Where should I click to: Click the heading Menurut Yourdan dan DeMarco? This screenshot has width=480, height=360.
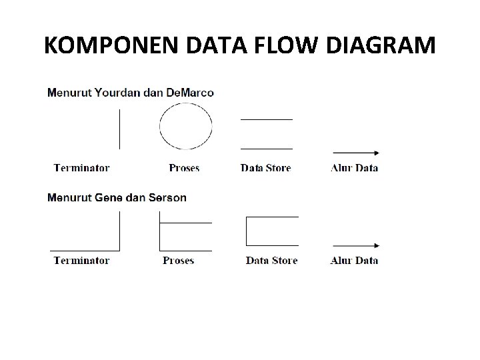coord(131,93)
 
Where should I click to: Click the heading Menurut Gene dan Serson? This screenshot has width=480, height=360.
coord(117,197)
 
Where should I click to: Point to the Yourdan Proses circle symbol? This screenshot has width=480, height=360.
coord(185,126)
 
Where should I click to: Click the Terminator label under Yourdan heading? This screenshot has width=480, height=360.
coord(81,168)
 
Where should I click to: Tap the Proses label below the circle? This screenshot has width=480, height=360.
coord(184,168)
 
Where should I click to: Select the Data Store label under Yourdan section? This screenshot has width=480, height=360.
coord(265,168)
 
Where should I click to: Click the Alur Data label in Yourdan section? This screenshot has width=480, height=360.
coord(354,168)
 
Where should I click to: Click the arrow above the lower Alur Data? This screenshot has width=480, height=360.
coord(355,245)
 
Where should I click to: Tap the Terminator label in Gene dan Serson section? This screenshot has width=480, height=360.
coord(81,260)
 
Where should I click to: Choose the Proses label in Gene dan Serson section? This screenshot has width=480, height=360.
coord(178,260)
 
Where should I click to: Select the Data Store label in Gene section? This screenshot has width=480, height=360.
coord(271,260)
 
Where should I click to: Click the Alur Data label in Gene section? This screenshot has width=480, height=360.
coord(354,260)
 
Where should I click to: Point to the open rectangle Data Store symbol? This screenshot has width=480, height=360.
coord(272,231)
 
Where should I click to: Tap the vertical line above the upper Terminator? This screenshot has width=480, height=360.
coord(119,129)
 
